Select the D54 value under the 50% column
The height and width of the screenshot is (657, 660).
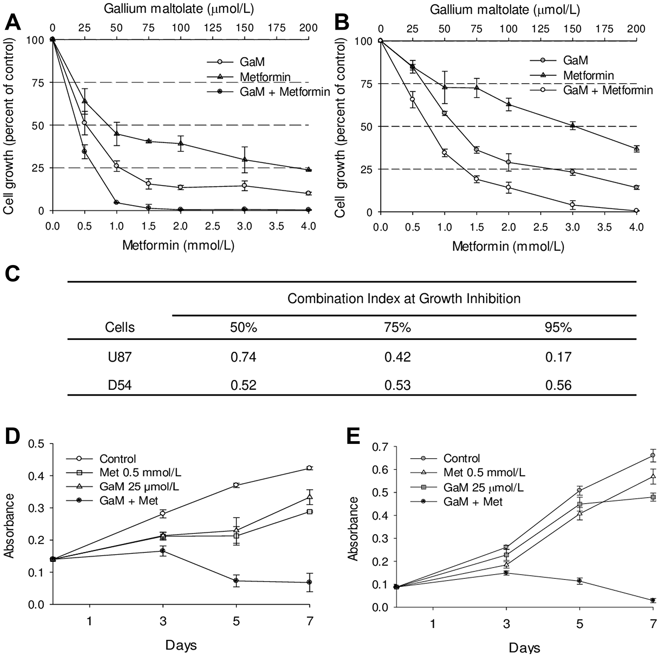(243, 385)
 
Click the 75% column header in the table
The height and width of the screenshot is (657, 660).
(397, 327)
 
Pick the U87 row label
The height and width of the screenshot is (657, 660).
(119, 357)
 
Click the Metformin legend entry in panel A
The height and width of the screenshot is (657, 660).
(265, 77)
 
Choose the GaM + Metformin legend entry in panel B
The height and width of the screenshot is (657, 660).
(608, 90)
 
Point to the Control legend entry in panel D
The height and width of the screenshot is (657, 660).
(117, 458)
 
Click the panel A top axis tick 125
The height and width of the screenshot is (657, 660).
(213, 28)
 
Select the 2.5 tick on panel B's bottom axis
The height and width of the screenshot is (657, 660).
(541, 227)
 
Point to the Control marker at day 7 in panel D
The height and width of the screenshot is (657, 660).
(309, 468)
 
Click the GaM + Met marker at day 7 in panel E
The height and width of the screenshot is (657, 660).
(653, 600)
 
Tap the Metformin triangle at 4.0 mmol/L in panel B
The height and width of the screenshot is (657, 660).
(637, 148)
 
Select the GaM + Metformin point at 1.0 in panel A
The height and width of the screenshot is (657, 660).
(116, 202)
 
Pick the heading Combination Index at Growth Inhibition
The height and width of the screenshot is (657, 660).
(404, 299)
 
